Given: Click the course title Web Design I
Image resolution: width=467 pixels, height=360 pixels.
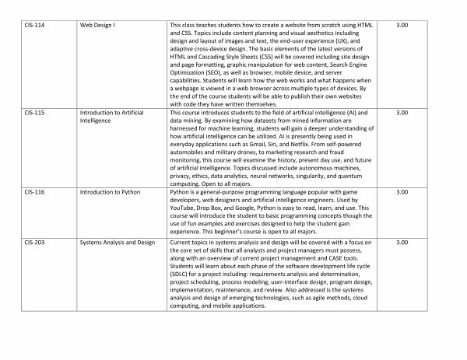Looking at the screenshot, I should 98,26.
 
